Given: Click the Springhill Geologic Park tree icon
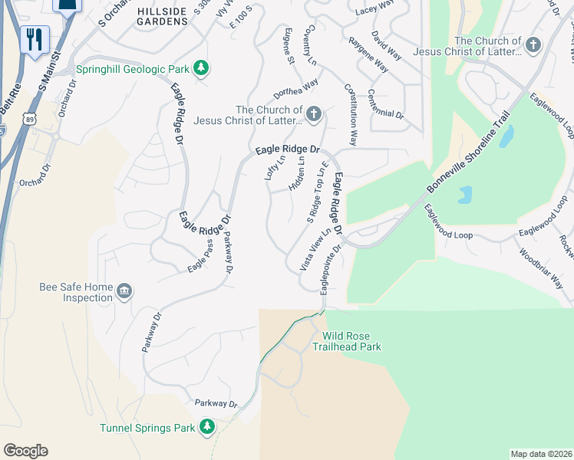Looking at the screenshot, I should pos(201,68).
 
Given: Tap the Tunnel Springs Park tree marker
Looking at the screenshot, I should pos(206,427).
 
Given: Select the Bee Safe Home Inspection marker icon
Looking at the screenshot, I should pos(124,291).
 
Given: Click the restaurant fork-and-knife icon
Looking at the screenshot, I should pos(33,39).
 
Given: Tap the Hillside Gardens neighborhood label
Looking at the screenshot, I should pos(162,16).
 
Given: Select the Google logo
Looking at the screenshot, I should pos(25,451).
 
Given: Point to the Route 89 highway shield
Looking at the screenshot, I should pos(28,120).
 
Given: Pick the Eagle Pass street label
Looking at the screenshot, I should pos(200,257).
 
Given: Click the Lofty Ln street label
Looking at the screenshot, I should pos(270,167).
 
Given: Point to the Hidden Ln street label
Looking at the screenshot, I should pos(297,174).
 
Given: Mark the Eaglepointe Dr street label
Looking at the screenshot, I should pos(329,266).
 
